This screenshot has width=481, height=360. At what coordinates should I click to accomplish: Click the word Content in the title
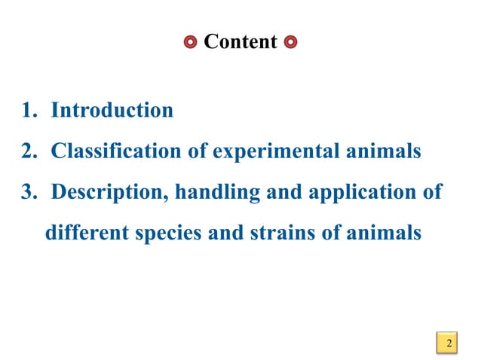(x=240, y=41)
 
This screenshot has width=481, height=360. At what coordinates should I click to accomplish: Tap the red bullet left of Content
(x=191, y=41)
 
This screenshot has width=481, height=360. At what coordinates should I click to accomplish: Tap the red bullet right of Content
(x=291, y=41)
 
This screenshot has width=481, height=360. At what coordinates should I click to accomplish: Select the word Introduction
(x=112, y=111)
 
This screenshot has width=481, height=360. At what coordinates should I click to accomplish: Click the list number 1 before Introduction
(x=29, y=111)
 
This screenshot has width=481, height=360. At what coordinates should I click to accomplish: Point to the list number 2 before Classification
(x=29, y=151)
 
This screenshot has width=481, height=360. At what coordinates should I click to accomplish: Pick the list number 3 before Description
(x=29, y=192)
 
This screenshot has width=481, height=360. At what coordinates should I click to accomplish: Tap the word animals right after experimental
(x=383, y=151)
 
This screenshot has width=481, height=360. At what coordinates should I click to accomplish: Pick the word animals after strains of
(x=383, y=233)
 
